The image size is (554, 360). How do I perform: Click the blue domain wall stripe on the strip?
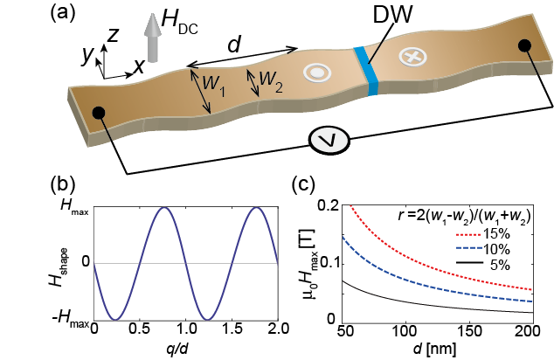click(x=362, y=67)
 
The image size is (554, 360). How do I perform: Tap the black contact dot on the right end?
click(x=523, y=46)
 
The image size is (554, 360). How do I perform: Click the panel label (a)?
click(x=66, y=12)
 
